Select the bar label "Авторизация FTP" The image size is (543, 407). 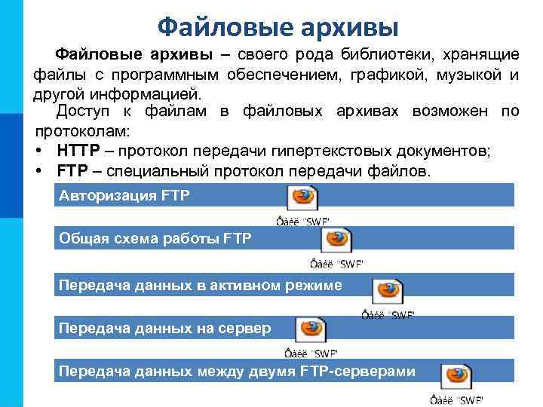[124, 196]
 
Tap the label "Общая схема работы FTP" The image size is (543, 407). [155, 240]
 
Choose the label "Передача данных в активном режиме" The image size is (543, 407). [200, 285]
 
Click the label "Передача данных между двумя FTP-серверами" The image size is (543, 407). [237, 371]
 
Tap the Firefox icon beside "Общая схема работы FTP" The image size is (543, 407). [336, 240]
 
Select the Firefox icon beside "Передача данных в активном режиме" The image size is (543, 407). [388, 290]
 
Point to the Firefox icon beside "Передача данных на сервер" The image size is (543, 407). [310, 329]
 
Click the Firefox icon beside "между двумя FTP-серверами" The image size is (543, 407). [456, 375]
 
